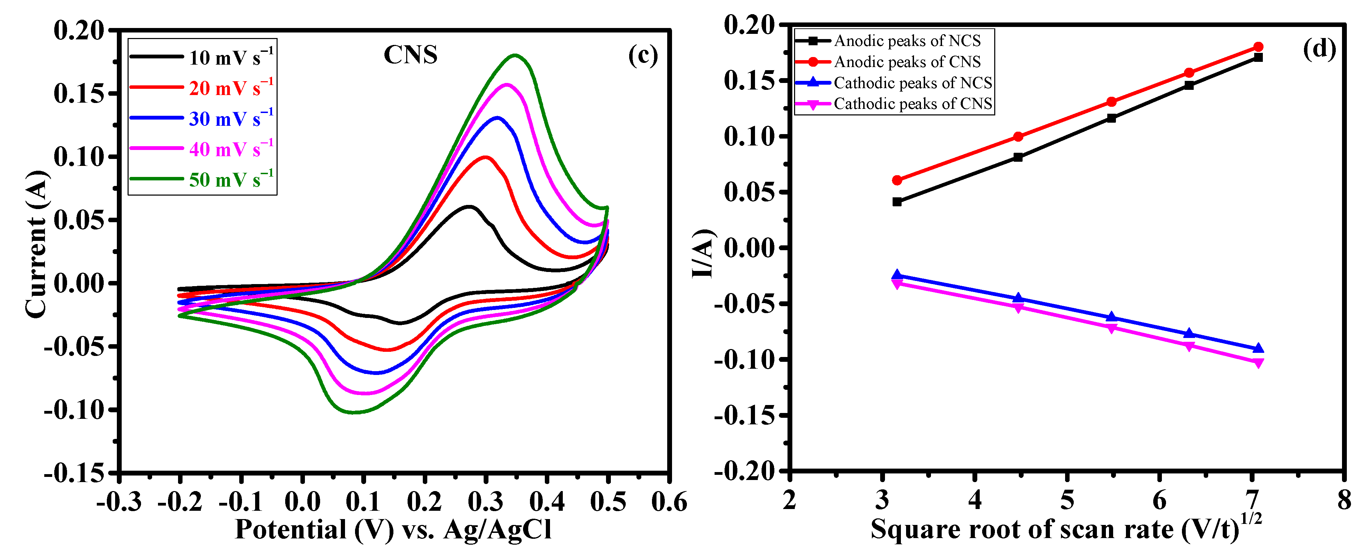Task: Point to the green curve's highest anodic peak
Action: tap(515, 55)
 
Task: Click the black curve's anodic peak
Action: tap(469, 206)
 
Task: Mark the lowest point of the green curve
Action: tap(354, 412)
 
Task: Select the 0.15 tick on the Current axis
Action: tap(79, 94)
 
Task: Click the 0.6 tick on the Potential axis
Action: tap(669, 501)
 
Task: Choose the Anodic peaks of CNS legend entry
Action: tap(907, 62)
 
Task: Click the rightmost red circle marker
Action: tap(1258, 47)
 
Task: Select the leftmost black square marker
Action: tap(897, 201)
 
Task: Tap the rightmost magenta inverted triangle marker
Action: tap(1258, 363)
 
